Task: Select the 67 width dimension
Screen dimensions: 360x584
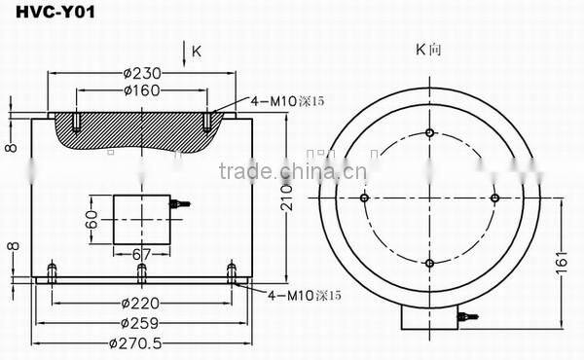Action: click(141, 255)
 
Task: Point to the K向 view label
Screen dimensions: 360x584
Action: click(427, 50)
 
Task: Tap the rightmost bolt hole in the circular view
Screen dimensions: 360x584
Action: click(494, 198)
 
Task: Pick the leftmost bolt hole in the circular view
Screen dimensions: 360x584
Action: click(363, 198)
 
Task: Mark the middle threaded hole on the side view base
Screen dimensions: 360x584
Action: click(142, 270)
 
